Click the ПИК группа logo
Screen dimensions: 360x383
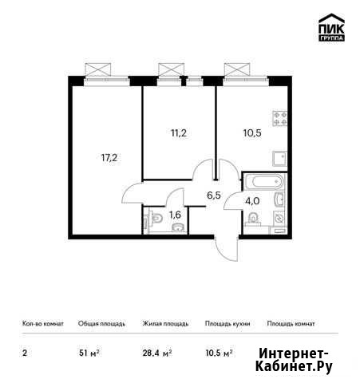point(331,28)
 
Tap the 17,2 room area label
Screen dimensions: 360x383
point(109,158)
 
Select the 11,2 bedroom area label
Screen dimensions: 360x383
point(179,132)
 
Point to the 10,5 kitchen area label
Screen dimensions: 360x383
point(252,132)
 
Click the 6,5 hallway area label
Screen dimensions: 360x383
point(214,195)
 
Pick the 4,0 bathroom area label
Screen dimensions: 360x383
point(252,201)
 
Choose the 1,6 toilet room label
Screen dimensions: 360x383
point(175,215)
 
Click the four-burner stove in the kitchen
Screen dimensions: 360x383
point(279,119)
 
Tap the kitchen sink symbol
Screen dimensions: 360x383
point(279,159)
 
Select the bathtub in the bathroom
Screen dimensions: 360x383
point(266,182)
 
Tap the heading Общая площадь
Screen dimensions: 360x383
point(101,324)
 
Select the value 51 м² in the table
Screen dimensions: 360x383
point(89,353)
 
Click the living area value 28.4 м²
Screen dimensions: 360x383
point(157,353)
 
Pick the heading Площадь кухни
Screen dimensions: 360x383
point(227,324)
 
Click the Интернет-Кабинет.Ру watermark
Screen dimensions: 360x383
point(294,360)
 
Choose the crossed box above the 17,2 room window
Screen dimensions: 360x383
point(97,69)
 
